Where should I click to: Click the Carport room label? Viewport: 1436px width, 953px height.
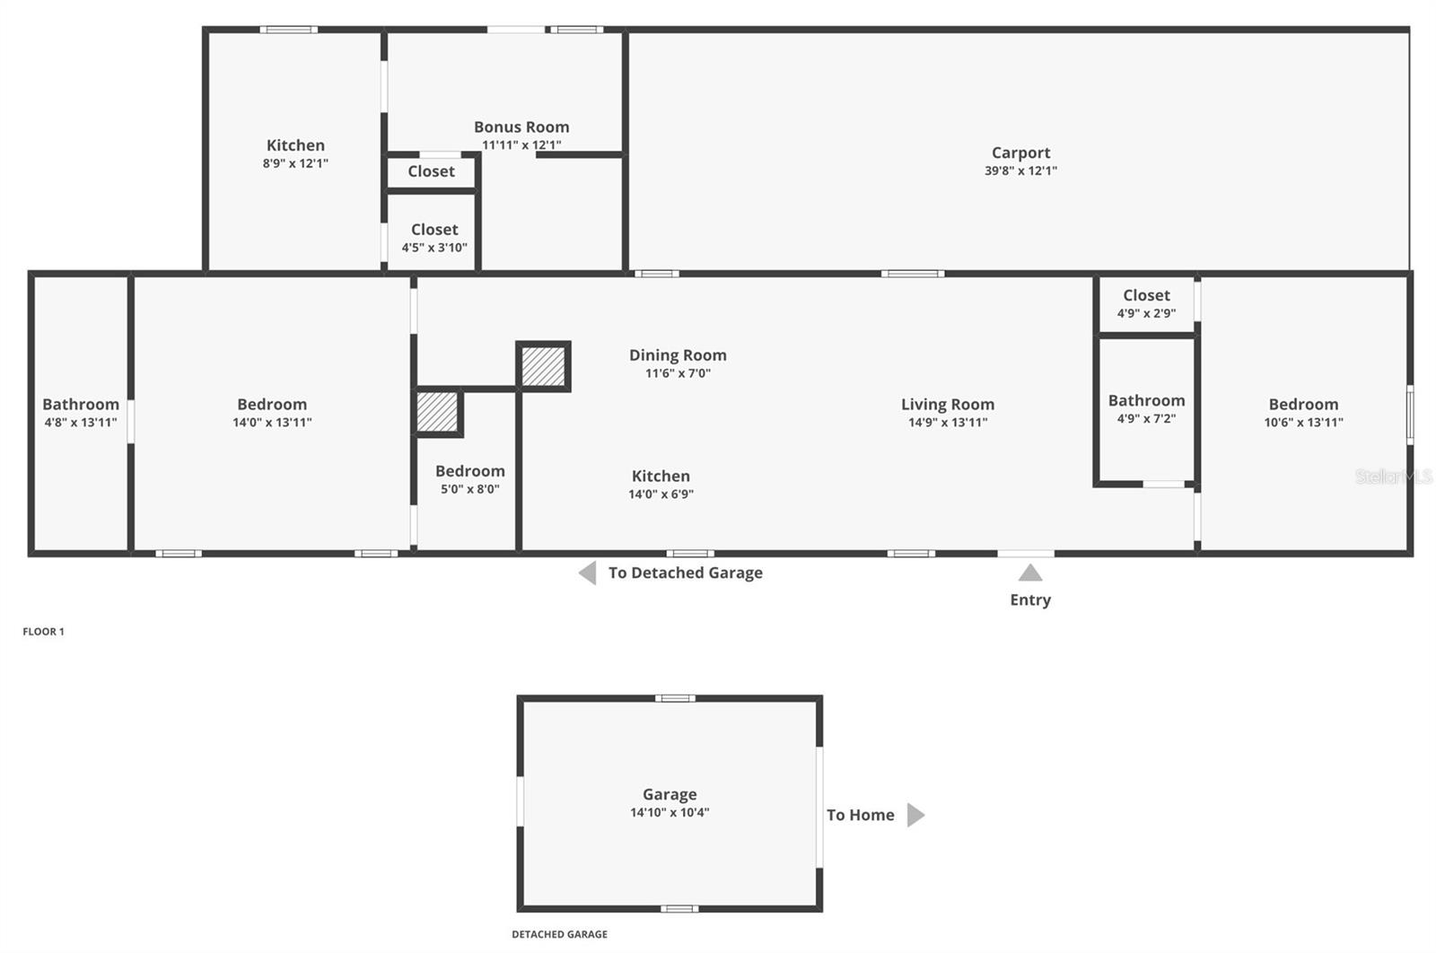point(1020,153)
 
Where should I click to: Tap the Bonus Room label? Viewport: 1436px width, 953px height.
point(521,127)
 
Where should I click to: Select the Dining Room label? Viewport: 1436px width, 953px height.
point(678,355)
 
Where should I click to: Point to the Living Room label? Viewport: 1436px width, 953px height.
point(948,405)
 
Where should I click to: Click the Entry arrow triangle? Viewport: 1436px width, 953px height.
point(1030,573)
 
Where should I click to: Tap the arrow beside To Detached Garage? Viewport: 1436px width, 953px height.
point(588,573)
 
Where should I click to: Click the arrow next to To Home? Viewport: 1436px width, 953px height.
point(915,815)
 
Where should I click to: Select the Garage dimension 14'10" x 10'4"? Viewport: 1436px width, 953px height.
point(670,813)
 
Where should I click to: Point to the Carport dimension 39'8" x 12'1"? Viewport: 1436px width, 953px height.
point(1020,170)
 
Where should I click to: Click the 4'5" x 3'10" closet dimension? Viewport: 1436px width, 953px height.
point(434,248)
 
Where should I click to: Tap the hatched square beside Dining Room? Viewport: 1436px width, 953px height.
point(544,367)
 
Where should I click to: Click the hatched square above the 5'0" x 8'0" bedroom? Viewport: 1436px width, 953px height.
point(438,412)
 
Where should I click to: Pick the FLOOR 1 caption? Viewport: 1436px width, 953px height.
point(43,632)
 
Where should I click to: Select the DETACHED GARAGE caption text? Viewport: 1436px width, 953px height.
point(559,934)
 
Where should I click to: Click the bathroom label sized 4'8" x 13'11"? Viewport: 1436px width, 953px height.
point(81,405)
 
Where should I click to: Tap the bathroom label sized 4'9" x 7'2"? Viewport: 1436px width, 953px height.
point(1146,401)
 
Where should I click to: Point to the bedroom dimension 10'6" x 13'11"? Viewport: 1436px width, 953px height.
point(1303,423)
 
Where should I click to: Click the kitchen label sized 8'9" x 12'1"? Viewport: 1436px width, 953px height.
point(295,145)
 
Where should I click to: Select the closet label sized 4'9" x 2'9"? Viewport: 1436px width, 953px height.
point(1146,295)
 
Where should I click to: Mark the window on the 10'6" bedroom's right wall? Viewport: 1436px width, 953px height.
point(1409,414)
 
